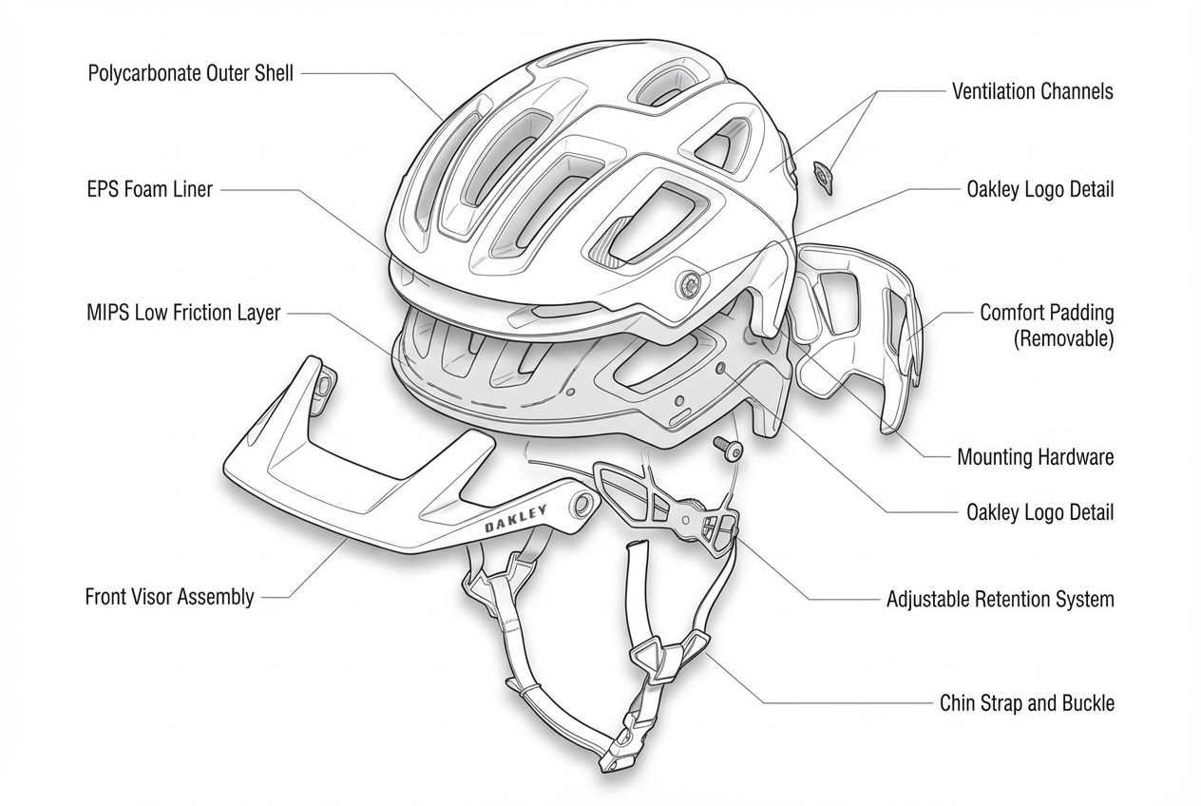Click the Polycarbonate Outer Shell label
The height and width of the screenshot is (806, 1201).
pos(190,73)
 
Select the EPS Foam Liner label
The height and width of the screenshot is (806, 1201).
pos(149,189)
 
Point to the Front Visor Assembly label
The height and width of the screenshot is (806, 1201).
pos(169,597)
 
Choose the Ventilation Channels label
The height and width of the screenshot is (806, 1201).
pos(1032,91)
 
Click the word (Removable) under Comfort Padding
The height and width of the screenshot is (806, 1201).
pos(1064,338)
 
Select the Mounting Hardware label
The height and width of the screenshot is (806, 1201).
pos(1035,457)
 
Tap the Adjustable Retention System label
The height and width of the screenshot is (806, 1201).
pos(1000,600)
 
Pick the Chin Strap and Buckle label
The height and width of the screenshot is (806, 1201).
pos(1026,703)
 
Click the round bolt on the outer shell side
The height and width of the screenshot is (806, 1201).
pos(689,282)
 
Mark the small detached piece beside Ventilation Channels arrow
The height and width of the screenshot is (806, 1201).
pos(823,176)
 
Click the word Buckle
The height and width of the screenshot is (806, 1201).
pos(1088,703)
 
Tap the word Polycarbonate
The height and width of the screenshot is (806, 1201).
pos(144,73)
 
